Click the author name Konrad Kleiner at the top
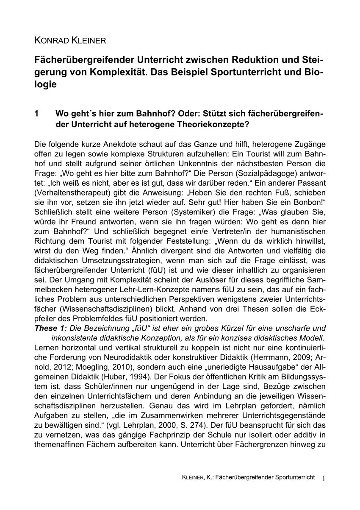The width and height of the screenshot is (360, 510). click(70, 41)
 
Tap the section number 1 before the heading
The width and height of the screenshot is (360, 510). click(36, 114)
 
